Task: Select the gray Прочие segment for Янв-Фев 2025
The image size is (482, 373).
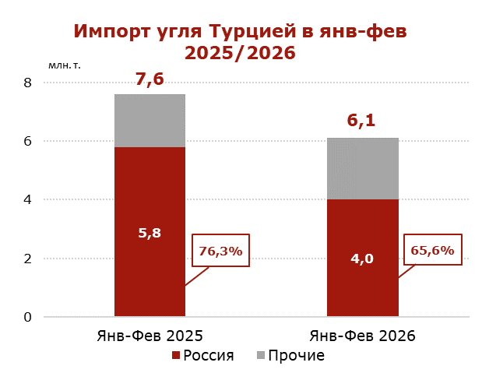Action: tap(150, 121)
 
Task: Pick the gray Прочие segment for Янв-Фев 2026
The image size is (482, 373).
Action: tap(362, 168)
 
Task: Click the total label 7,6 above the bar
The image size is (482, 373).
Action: tap(150, 79)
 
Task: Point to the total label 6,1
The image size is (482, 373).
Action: tap(361, 121)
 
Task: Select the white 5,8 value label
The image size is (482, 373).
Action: tap(150, 232)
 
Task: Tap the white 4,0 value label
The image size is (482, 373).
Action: tap(362, 259)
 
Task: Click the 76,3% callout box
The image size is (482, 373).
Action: tap(221, 251)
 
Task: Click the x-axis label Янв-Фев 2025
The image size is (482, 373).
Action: tap(150, 336)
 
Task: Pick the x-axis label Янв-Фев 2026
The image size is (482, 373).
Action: tap(362, 336)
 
